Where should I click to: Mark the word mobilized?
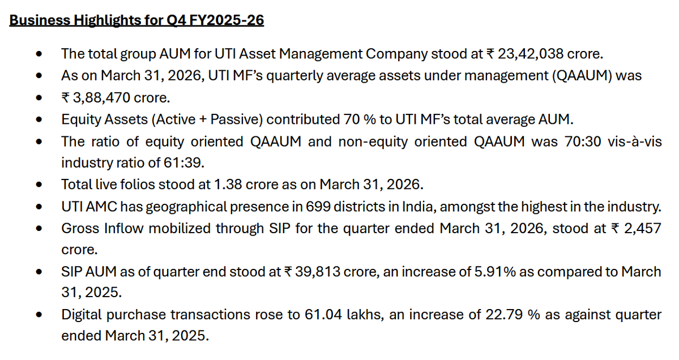click(172, 228)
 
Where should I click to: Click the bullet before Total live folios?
click(39, 185)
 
